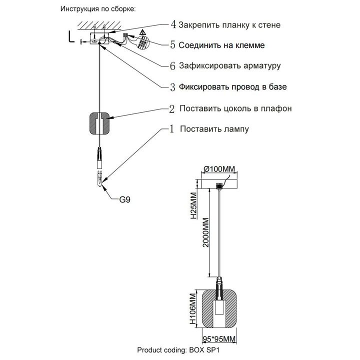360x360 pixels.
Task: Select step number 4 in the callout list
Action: pyautogui.click(x=173, y=24)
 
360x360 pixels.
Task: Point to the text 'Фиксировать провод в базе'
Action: pyautogui.click(x=233, y=86)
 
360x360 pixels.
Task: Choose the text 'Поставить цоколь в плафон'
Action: pyautogui.click(x=235, y=108)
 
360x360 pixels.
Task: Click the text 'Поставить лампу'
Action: pyautogui.click(x=214, y=129)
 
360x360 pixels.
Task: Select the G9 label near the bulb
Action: pyautogui.click(x=125, y=199)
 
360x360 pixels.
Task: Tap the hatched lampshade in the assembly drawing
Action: pyautogui.click(x=100, y=122)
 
